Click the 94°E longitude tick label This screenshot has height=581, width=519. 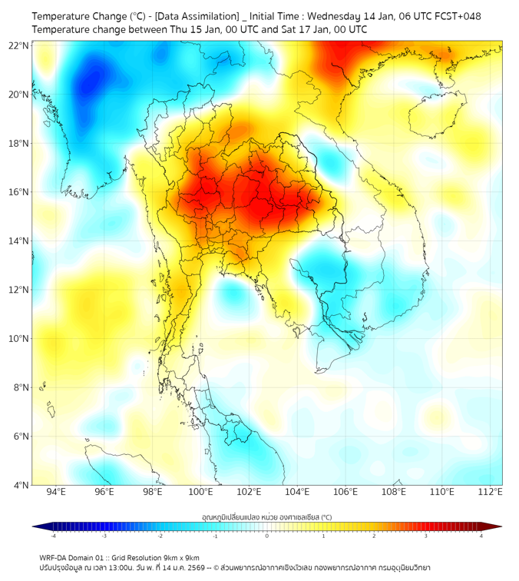[x=56, y=492]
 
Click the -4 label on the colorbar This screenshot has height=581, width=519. [x=53, y=536]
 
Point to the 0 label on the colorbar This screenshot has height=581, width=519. [x=267, y=536]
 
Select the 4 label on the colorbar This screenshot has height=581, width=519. [x=481, y=536]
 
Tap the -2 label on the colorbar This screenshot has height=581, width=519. [x=160, y=536]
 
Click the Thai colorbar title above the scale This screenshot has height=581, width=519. [x=266, y=518]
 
